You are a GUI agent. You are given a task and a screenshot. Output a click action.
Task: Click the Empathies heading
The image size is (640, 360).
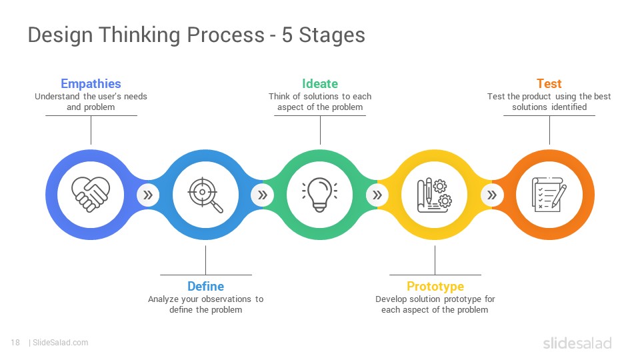[x=91, y=84]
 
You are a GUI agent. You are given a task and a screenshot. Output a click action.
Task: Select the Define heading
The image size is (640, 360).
[x=206, y=286]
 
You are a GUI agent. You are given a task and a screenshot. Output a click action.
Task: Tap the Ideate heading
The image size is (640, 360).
[x=320, y=84]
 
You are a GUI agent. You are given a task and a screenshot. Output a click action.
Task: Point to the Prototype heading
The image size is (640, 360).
[x=435, y=287]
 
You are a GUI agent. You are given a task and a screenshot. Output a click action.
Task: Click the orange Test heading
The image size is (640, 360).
[x=549, y=84]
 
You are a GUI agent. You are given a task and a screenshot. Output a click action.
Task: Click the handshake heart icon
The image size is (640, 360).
[x=91, y=194]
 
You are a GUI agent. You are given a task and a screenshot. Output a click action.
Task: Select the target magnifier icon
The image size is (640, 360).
[x=205, y=195]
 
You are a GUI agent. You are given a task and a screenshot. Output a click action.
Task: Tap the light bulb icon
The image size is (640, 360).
[x=320, y=194]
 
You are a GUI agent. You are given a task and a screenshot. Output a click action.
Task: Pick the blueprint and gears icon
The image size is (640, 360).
[x=434, y=195]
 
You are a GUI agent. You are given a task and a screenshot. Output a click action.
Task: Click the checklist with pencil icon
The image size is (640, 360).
[x=549, y=194]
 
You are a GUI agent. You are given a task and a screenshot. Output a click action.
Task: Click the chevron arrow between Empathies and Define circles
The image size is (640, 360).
[x=148, y=195]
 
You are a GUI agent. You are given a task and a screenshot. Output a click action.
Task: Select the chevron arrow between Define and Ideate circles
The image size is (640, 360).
[x=263, y=195]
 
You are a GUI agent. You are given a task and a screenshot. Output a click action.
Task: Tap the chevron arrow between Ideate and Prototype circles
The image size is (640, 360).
[x=377, y=195]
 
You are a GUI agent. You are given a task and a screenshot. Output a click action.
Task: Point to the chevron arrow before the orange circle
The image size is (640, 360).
[x=492, y=195]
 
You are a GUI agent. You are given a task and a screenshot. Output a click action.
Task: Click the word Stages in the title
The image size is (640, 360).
[x=332, y=35]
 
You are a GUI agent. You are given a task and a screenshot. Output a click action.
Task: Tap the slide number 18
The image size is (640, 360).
[x=15, y=343]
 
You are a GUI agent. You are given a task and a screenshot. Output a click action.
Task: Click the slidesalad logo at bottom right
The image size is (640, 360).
[x=577, y=343]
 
